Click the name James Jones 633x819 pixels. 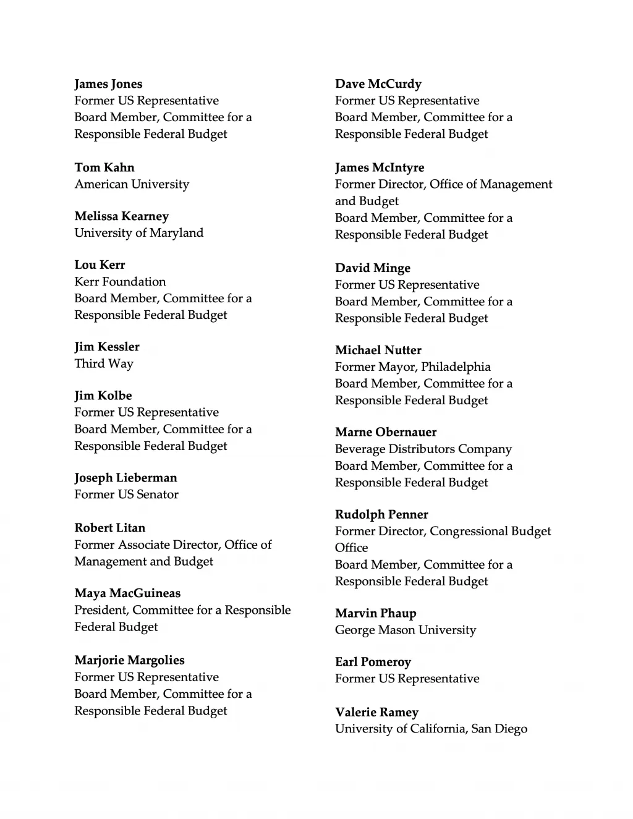tap(108, 84)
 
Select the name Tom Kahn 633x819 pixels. tap(104, 168)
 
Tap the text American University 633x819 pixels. tap(132, 184)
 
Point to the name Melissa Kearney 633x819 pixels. tap(121, 216)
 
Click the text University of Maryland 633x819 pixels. tap(138, 233)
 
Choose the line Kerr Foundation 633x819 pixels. tap(120, 282)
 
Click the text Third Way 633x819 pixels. tap(104, 363)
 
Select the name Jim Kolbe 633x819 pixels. tap(103, 396)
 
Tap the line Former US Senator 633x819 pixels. tap(126, 494)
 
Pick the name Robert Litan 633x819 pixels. tap(109, 528)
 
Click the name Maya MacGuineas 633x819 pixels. tap(127, 593)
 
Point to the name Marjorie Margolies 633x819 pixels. tap(129, 660)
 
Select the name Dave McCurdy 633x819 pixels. tap(378, 84)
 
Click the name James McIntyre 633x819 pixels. tap(380, 168)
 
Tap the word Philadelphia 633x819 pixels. tap(456, 367)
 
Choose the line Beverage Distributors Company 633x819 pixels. tap(423, 449)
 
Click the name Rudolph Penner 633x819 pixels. tap(381, 514)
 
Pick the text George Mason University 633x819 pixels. tap(406, 630)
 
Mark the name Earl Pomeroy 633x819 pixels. tap(373, 662)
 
